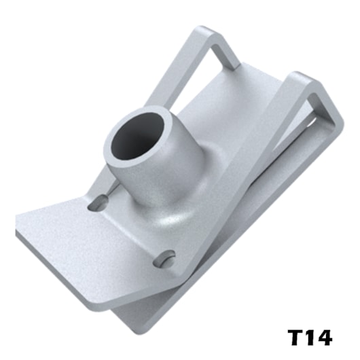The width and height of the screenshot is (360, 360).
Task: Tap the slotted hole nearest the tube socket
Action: [x=98, y=202]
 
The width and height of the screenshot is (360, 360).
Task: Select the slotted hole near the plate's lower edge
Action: [x=164, y=259]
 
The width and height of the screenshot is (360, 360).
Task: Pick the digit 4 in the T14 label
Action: [x=324, y=338]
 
